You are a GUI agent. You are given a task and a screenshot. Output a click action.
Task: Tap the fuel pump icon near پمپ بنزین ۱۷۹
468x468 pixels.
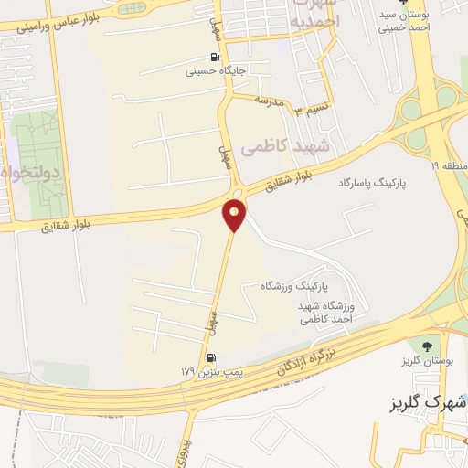point(212,358)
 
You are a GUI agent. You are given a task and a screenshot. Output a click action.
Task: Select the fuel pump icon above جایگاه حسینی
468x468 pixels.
point(216,57)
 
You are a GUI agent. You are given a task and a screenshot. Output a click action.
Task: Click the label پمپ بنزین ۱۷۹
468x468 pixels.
point(202,372)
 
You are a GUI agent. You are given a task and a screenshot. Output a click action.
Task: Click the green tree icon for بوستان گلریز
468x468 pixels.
point(424,345)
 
